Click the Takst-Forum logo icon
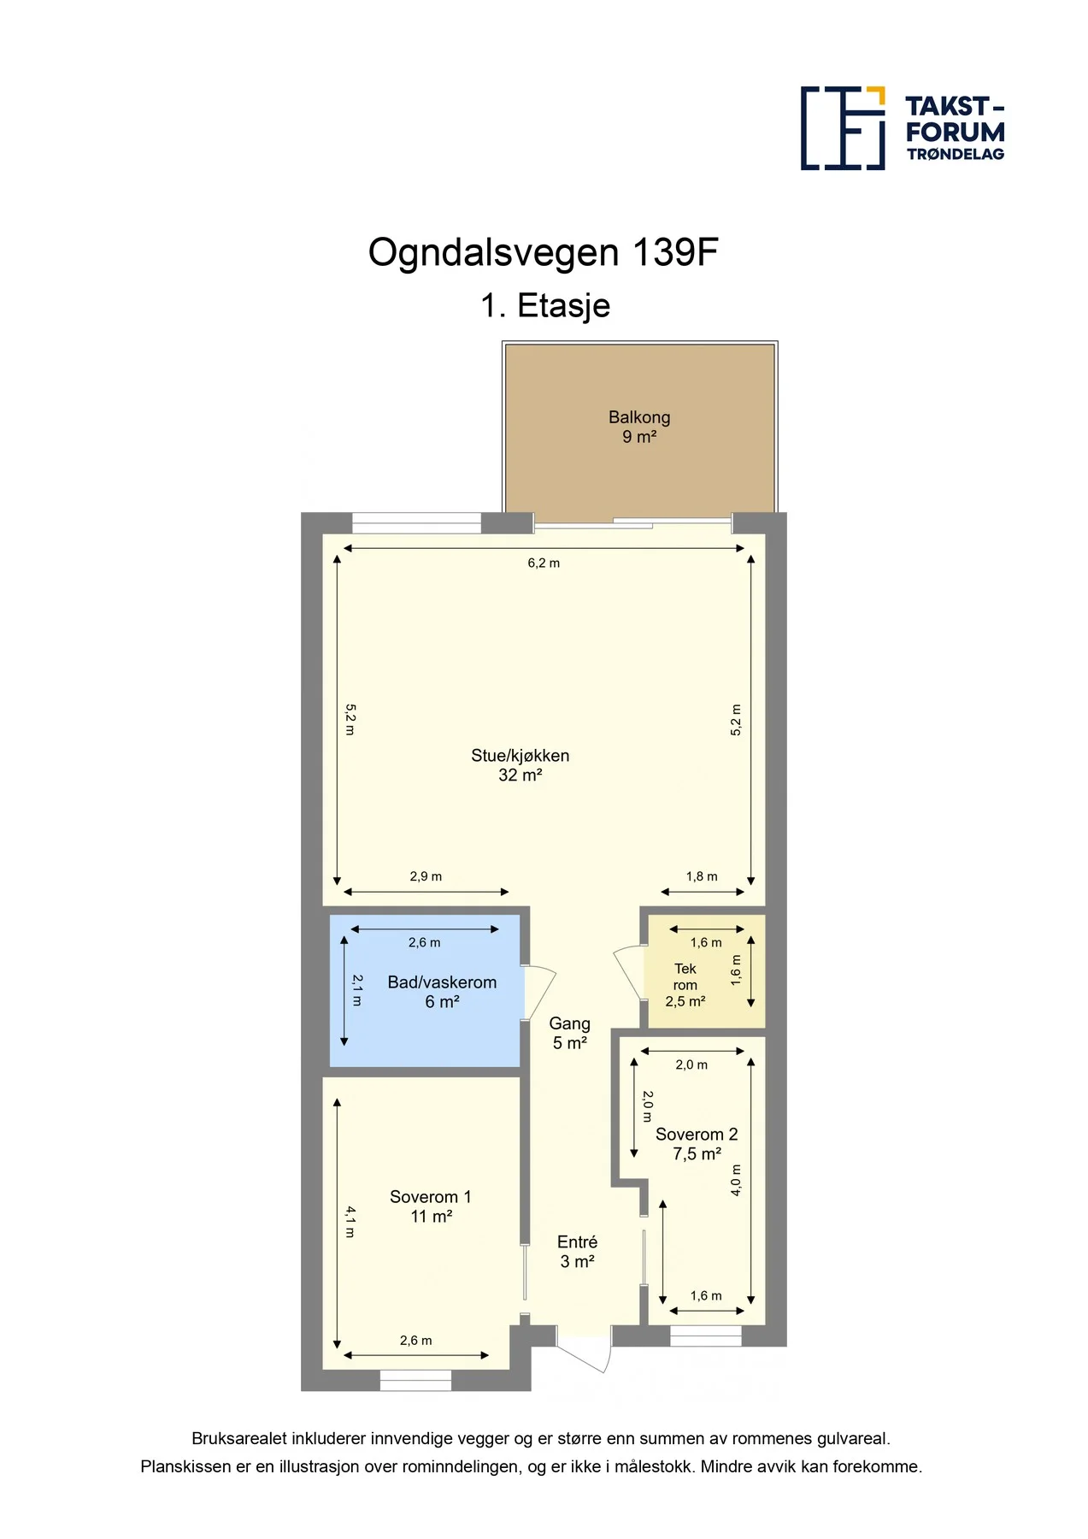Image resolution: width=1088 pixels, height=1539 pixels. pyautogui.click(x=843, y=128)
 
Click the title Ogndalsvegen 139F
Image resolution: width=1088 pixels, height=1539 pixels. pyautogui.click(x=543, y=253)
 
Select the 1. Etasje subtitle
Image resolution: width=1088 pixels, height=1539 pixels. pyautogui.click(x=545, y=306)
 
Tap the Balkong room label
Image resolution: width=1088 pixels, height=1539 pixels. pyautogui.click(x=639, y=427)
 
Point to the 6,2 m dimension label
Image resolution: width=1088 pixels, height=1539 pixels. pyautogui.click(x=544, y=563)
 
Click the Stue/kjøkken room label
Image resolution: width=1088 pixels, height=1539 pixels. pyautogui.click(x=520, y=765)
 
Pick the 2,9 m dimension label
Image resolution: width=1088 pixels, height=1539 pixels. pyautogui.click(x=426, y=876)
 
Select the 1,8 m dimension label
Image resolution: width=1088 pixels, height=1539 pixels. pyautogui.click(x=702, y=876)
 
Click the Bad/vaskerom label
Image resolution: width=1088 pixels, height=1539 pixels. pyautogui.click(x=442, y=992)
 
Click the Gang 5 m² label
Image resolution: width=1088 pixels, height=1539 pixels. pyautogui.click(x=570, y=1033)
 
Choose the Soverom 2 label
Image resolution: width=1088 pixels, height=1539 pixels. pyautogui.click(x=697, y=1144)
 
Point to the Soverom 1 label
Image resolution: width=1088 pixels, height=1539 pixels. pyautogui.click(x=431, y=1206)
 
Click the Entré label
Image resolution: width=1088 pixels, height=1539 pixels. pyautogui.click(x=577, y=1252)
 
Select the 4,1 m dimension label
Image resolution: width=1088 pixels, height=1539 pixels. pyautogui.click(x=350, y=1221)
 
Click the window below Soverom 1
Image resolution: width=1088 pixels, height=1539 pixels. pyautogui.click(x=415, y=1380)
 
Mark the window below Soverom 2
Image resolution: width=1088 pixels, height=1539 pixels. pyautogui.click(x=706, y=1336)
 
